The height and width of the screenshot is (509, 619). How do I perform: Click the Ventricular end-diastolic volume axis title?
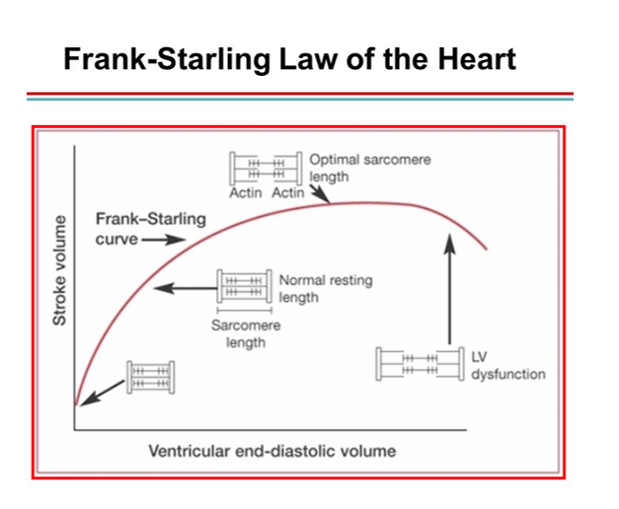pyautogui.click(x=271, y=451)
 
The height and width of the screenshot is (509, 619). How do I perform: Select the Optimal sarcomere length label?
pyautogui.click(x=369, y=168)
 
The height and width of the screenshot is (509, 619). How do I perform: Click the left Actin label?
pyautogui.click(x=246, y=192)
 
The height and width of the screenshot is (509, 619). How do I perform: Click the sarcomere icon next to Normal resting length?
pyautogui.click(x=243, y=287)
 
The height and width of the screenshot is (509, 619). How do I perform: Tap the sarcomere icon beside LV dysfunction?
pyautogui.click(x=419, y=364)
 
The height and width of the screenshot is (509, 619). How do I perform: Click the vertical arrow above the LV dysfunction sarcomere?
pyautogui.click(x=450, y=286)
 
